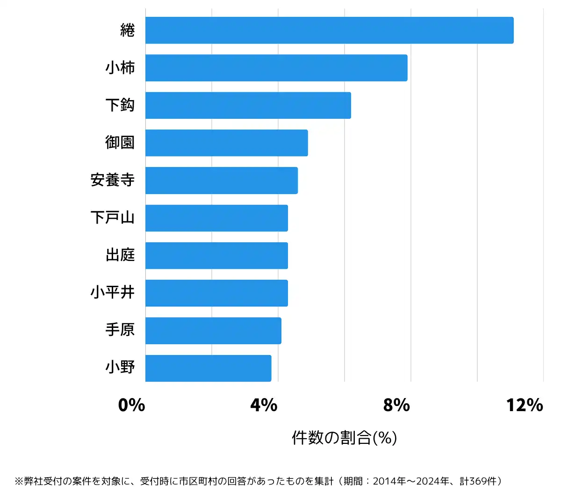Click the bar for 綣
coord(329,30)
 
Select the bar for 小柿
coord(276,68)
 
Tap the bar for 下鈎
coord(248,105)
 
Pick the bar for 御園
coord(226,143)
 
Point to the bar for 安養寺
coord(221,180)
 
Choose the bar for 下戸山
coord(216,218)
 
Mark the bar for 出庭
coord(216,255)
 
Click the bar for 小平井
coord(216,293)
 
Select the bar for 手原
coord(213,331)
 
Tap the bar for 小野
coord(208,368)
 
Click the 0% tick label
coord(131,405)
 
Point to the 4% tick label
coord(264,405)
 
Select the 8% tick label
coord(396,405)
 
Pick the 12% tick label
coord(525,405)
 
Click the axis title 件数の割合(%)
coord(345,438)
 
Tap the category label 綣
coord(127,30)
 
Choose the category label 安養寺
coord(113,180)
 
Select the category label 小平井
coord(113,293)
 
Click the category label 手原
coord(120,330)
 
